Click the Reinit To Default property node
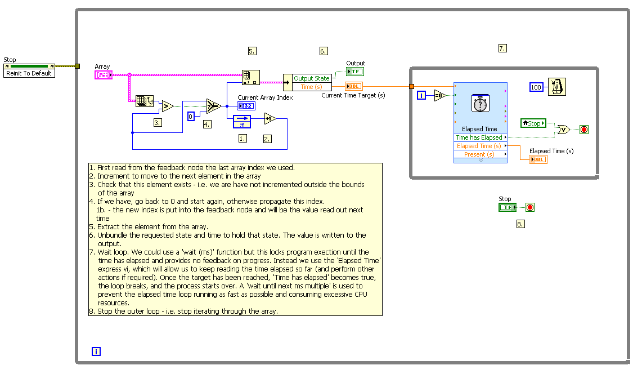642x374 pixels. pos(30,73)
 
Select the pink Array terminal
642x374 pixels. pos(104,74)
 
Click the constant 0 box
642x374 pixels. pos(191,116)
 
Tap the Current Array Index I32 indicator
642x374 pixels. pos(246,106)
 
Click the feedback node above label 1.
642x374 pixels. pos(241,122)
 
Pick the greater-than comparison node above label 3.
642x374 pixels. pos(167,106)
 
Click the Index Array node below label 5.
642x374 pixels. pos(250,77)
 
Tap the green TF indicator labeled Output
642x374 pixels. pos(355,72)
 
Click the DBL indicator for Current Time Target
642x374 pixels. pos(354,86)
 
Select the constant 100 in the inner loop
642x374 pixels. pos(536,87)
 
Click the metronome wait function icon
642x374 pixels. pos(557,87)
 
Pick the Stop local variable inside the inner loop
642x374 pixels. pos(533,123)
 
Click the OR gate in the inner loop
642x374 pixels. pos(562,130)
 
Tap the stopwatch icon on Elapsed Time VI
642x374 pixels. pos(480,105)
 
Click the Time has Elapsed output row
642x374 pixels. pos(479,137)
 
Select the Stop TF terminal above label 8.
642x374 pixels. pos(507,207)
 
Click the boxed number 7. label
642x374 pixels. pos(502,48)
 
